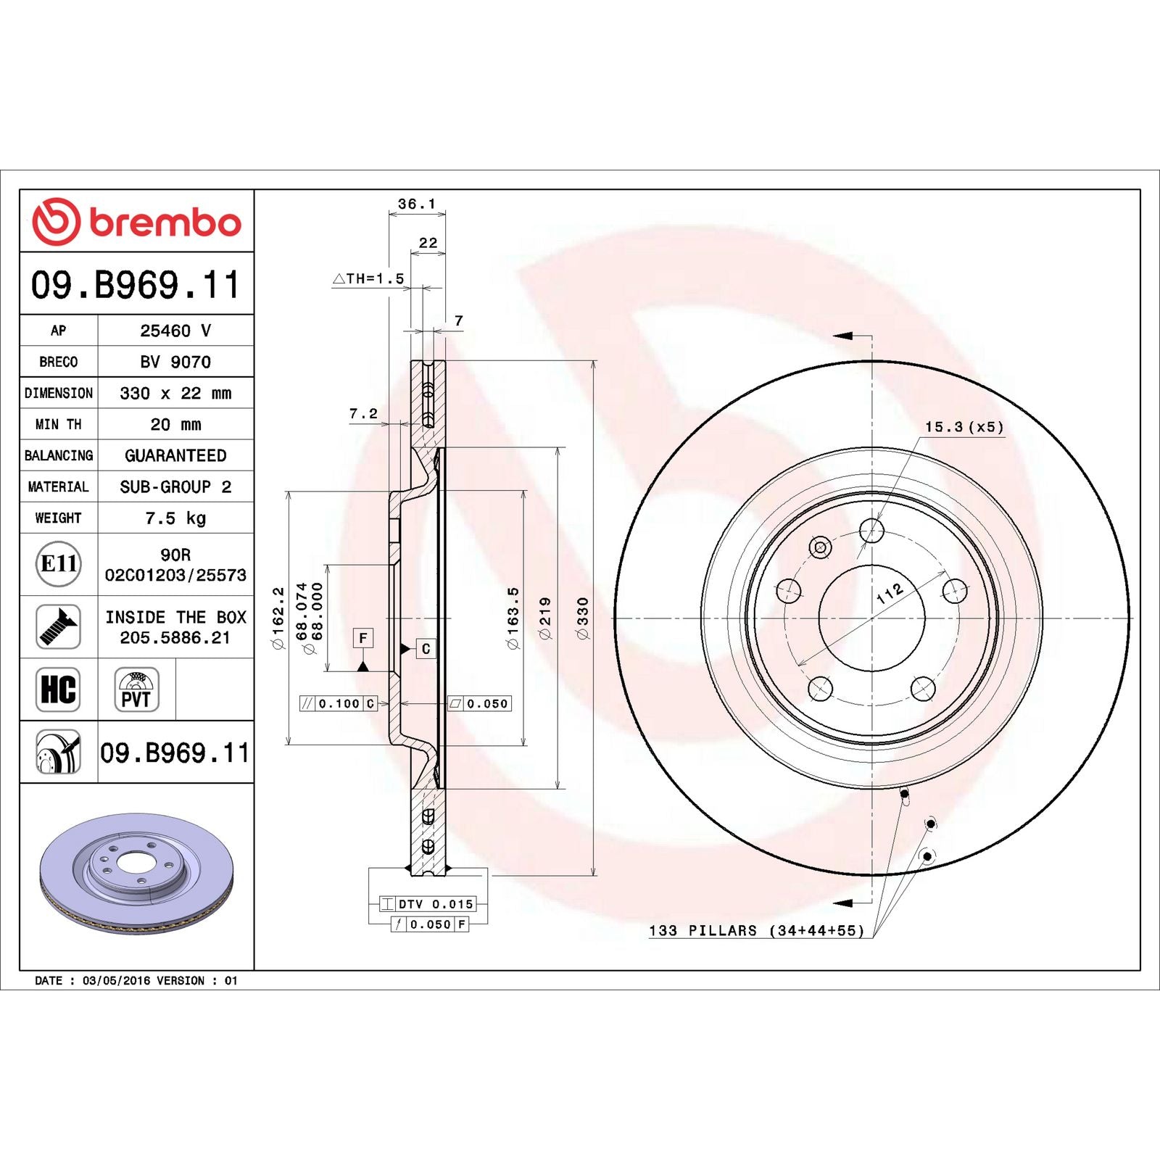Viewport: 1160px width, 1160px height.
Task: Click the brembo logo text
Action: (165, 223)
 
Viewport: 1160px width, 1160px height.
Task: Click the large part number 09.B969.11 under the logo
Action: (136, 284)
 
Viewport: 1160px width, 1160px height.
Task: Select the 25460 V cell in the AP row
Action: (175, 331)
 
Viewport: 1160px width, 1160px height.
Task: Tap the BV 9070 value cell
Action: (175, 362)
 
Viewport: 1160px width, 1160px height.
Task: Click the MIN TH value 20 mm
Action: (175, 424)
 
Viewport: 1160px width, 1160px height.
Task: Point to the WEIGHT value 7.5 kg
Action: (175, 518)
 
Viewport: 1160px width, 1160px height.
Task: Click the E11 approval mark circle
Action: (58, 563)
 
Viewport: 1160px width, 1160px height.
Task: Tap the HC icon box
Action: (58, 689)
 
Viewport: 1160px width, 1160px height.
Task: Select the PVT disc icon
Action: (136, 689)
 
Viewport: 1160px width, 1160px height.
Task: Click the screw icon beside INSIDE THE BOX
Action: (58, 626)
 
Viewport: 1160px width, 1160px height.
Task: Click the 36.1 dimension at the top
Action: (416, 204)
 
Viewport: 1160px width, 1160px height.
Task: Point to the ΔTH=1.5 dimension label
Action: (368, 278)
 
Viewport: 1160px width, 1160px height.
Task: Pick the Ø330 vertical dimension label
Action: (582, 618)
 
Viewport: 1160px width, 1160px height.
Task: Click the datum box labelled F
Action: (363, 638)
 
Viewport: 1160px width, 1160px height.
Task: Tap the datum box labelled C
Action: (426, 649)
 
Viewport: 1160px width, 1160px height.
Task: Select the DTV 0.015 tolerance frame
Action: (428, 904)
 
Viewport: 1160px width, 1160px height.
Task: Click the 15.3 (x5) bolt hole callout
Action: (964, 427)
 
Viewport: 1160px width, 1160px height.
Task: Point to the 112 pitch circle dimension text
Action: (890, 593)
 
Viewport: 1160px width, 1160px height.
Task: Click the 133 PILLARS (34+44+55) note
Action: (756, 930)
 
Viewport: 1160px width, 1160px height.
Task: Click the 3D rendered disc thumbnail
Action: (136, 874)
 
